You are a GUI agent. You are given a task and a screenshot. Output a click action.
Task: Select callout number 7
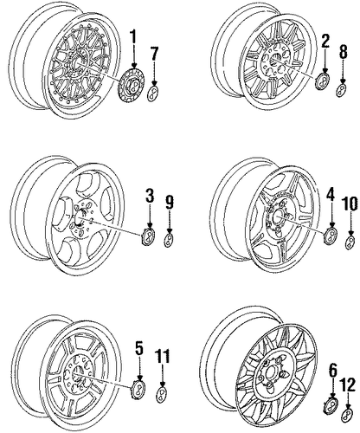click(154, 54)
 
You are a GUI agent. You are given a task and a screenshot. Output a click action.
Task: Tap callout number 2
click(325, 40)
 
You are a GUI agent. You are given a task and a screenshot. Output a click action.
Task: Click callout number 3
click(150, 196)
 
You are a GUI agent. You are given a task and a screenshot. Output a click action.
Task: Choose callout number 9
click(170, 202)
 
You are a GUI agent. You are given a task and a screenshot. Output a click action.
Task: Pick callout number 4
click(331, 194)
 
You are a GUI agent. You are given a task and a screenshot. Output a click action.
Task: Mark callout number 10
click(350, 204)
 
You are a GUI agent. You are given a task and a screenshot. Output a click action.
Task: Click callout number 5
click(139, 347)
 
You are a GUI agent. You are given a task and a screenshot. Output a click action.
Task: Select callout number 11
click(163, 357)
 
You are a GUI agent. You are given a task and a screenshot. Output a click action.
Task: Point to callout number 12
click(347, 385)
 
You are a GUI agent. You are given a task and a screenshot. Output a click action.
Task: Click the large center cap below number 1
click(132, 84)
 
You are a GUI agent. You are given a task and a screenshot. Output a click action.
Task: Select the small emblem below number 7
click(153, 93)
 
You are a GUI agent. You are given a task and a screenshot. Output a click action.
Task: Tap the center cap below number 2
click(323, 81)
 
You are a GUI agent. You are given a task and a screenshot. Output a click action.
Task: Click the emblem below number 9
click(169, 240)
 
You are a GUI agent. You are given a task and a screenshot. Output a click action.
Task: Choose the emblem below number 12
click(347, 416)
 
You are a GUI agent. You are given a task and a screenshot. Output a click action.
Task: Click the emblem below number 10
click(350, 242)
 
